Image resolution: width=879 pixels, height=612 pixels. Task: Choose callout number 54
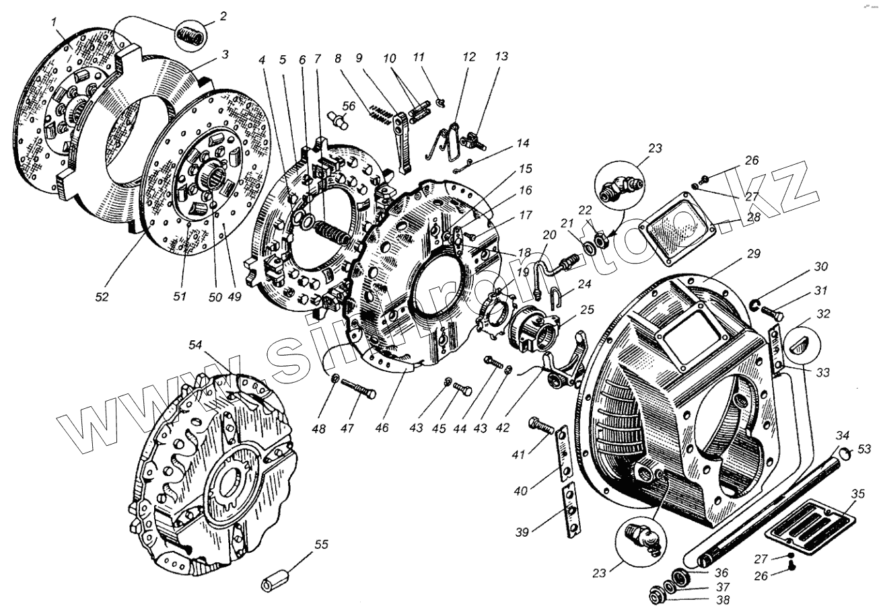pyautogui.click(x=195, y=344)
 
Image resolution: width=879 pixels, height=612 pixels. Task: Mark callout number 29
pyautogui.click(x=752, y=254)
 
